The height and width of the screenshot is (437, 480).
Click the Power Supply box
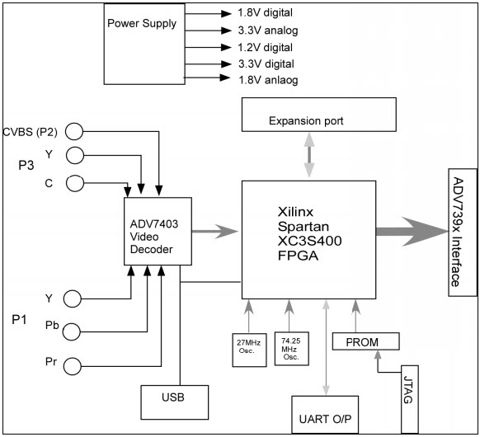click(142, 39)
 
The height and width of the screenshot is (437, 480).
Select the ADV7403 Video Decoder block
click(158, 231)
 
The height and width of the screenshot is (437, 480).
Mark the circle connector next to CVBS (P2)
click(75, 130)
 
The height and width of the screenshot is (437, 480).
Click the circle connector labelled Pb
click(73, 331)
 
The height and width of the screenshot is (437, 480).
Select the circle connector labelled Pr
click(73, 364)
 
